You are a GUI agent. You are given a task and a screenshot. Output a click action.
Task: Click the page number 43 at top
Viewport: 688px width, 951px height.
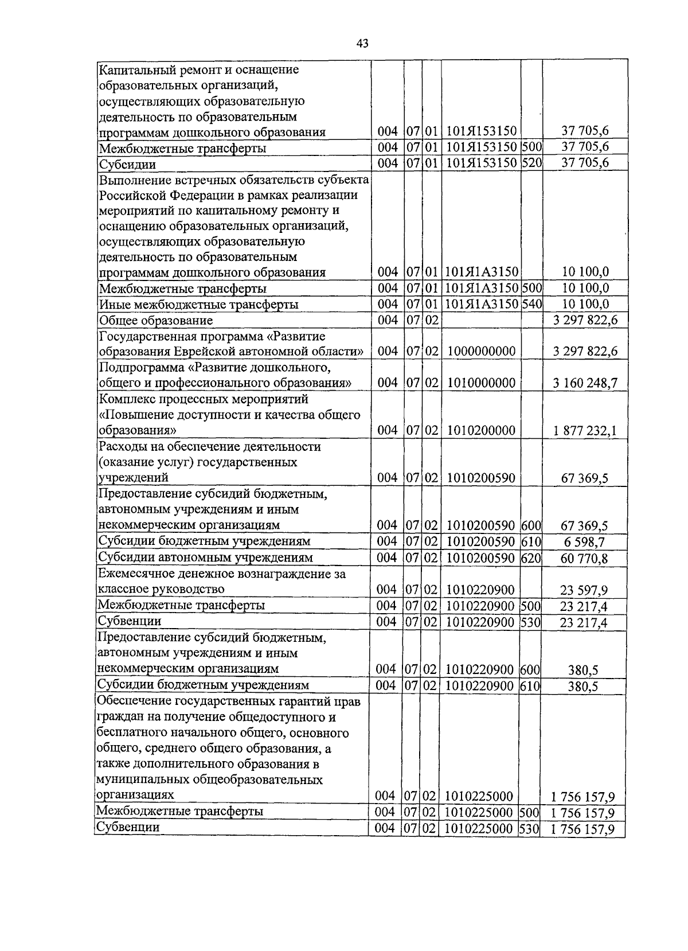pos(362,44)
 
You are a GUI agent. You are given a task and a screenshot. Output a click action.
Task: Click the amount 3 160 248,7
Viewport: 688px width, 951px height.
pos(585,383)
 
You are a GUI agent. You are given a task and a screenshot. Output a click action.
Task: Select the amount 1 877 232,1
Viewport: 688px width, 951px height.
pos(585,431)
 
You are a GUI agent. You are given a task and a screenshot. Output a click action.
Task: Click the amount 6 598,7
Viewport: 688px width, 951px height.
pos(585,542)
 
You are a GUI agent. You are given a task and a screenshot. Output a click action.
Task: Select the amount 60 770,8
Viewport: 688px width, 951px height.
pos(585,558)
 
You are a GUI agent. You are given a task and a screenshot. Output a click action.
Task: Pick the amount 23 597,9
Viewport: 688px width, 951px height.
pos(584,590)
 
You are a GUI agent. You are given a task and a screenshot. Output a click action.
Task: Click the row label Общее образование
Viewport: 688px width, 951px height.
pos(156,321)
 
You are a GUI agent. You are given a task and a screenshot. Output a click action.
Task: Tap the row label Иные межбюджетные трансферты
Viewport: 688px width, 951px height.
pos(198,305)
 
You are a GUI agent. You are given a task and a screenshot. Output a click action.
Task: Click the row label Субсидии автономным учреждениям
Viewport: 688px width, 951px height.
pos(205,558)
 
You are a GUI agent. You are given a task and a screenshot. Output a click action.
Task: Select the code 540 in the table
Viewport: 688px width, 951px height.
pos(531,304)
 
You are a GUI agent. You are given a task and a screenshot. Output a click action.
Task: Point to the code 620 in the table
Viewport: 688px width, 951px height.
pos(531,558)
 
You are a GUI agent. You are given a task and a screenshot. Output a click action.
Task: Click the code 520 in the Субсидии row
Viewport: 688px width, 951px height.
pos(531,163)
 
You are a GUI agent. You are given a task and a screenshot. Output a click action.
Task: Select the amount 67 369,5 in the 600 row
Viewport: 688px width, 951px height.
pos(585,526)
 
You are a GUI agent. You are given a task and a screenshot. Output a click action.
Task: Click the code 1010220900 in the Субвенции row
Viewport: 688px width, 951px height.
pos(480,622)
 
